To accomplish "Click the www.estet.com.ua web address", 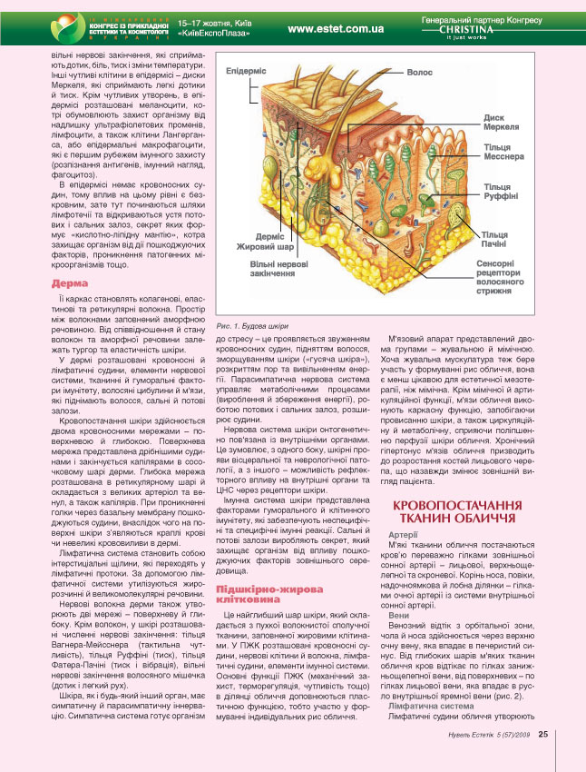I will pyautogui.click(x=335, y=29).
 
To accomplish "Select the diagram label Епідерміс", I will pyautogui.click(x=246, y=71).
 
